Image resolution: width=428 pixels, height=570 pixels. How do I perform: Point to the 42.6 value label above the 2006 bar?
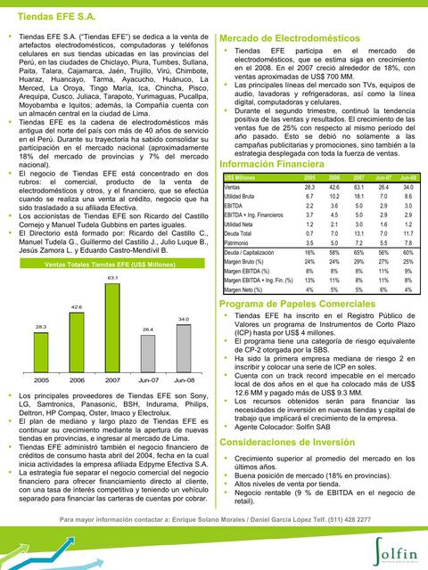tap(77, 306)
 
